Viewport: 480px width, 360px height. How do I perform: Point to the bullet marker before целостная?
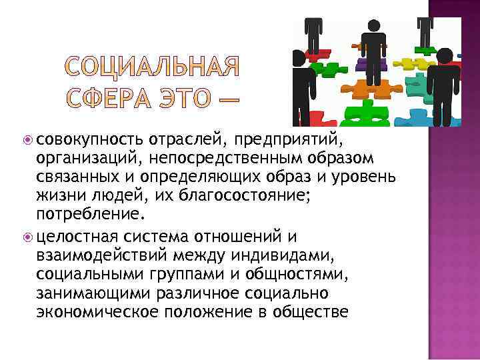(29, 237)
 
